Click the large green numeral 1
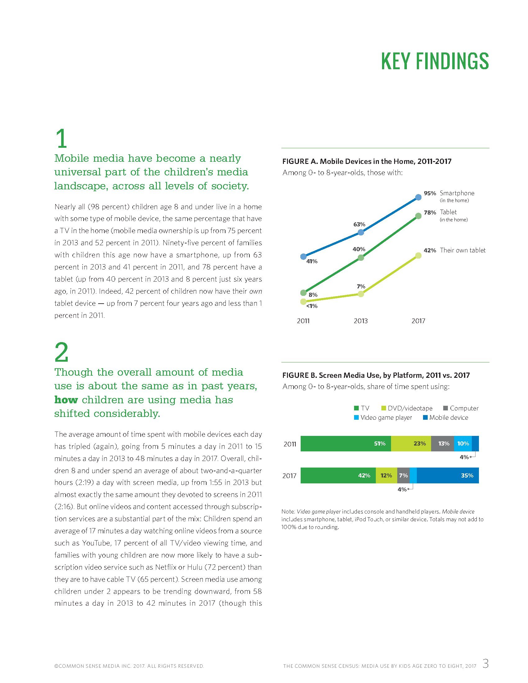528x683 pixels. point(61,139)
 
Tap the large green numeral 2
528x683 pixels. point(61,352)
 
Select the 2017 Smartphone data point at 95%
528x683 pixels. point(418,197)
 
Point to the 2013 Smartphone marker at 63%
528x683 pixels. point(361,232)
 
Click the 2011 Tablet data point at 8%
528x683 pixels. point(303,293)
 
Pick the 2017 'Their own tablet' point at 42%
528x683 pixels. point(418,256)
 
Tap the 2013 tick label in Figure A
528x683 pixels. point(361,321)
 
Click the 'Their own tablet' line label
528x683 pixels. point(462,250)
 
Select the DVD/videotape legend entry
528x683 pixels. point(407,408)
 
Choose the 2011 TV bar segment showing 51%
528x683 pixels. point(346,443)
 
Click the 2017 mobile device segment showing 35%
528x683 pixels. point(448,475)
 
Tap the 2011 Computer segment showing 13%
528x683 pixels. point(442,443)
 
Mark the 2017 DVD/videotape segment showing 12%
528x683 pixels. point(386,475)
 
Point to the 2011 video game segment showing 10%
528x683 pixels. point(463,443)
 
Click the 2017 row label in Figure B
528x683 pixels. point(289,476)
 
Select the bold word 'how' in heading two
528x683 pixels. point(66,400)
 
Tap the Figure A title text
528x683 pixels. point(366,161)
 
